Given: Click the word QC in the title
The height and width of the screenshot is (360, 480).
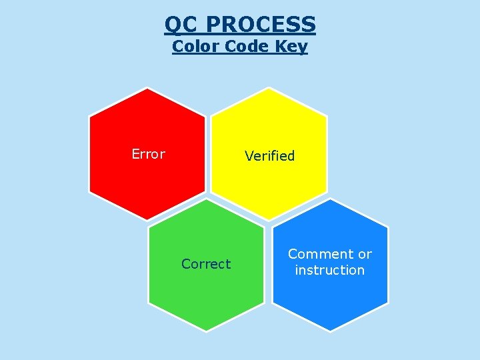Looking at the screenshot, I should (x=182, y=25).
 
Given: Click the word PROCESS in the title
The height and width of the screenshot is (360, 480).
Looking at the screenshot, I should (x=261, y=25).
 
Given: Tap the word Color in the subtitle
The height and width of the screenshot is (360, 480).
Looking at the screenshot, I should (x=195, y=47).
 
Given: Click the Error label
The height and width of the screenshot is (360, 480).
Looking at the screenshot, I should (x=148, y=154).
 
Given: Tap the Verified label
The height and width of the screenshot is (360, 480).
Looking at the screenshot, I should (x=269, y=156).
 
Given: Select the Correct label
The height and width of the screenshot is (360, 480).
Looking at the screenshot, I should (x=206, y=264).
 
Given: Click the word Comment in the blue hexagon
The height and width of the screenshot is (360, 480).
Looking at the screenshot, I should (x=321, y=254).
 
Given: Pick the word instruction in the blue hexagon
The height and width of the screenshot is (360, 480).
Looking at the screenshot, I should (x=330, y=270).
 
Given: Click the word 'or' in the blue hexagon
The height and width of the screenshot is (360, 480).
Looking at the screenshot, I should (x=365, y=254).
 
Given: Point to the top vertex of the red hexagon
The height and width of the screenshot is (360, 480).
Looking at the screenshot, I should (x=148, y=88).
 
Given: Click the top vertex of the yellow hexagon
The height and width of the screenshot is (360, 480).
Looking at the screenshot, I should (x=269, y=88).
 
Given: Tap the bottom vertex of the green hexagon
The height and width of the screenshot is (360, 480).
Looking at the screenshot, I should (x=206, y=331).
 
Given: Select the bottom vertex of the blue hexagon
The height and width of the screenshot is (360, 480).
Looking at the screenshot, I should (x=331, y=331).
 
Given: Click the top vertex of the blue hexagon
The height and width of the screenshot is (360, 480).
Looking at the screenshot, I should (x=331, y=199).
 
